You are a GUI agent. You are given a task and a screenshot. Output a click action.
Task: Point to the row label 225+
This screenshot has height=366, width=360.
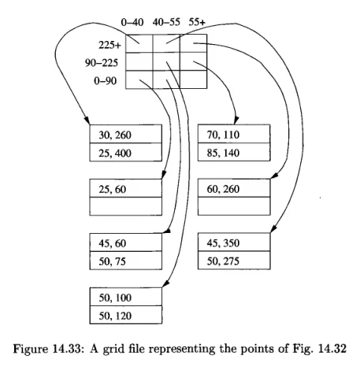coord(109,45)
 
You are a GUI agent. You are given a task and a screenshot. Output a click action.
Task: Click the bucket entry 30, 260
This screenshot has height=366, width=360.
coord(115,135)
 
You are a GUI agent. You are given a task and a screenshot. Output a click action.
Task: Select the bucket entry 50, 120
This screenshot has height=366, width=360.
coord(115,316)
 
